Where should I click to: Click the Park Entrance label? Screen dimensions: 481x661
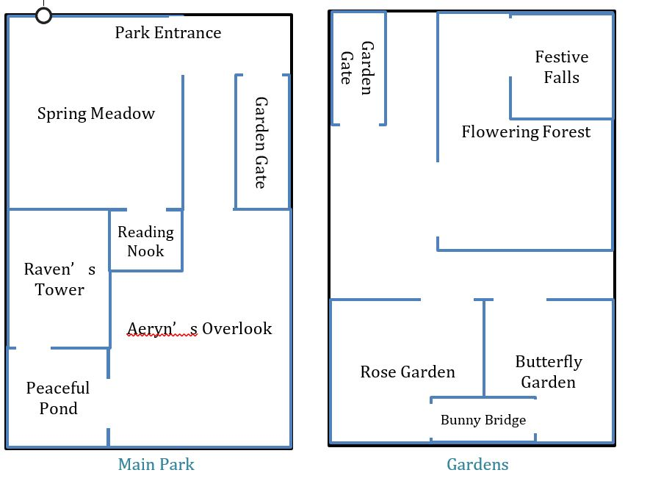167,33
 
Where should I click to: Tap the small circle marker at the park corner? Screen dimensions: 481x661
43,15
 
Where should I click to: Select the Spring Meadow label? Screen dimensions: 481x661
96,114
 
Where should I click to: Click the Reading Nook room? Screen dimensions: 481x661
145,242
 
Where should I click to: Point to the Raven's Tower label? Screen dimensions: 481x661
59,280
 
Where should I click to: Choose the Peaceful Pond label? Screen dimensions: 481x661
58,398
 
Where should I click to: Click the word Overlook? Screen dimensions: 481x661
237,328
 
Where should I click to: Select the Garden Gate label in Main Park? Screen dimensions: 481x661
260,142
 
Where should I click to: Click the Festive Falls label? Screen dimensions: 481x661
562,67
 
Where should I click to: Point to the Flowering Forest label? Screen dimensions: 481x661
526,132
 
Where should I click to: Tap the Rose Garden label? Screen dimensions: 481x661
408,372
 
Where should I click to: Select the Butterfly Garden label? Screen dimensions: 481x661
549,372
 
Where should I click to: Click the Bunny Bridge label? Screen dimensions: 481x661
483,420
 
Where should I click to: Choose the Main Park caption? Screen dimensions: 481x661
156,464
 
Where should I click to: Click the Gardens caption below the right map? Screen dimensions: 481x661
477,464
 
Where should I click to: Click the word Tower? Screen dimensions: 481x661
59,290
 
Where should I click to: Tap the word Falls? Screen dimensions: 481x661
562,77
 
